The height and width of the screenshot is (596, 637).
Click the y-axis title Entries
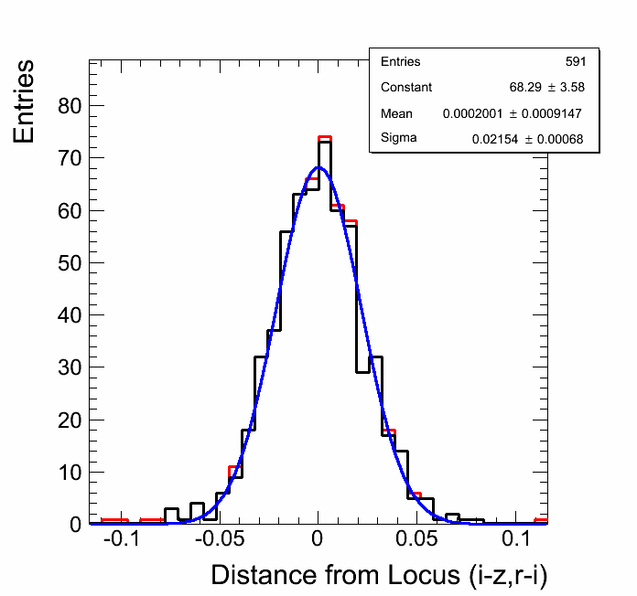point(25,101)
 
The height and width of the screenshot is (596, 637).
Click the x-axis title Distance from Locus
point(379,575)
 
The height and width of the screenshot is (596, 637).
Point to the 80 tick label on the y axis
point(70,106)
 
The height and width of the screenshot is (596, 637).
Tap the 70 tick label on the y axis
point(70,158)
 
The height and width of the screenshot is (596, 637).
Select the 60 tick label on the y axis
point(70,210)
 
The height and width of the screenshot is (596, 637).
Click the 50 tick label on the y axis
point(70,263)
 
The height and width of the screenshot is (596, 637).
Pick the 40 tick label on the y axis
point(70,315)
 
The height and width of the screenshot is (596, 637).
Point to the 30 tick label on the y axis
point(70,367)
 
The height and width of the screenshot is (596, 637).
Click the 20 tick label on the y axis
point(70,420)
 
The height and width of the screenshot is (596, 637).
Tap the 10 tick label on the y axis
point(70,473)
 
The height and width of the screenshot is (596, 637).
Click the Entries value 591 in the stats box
point(576,62)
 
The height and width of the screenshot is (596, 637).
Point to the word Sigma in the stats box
point(398,138)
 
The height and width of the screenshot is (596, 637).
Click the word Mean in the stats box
point(396,113)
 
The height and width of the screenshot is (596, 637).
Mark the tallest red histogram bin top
point(324,137)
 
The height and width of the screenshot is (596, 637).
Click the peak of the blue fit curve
point(318,167)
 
